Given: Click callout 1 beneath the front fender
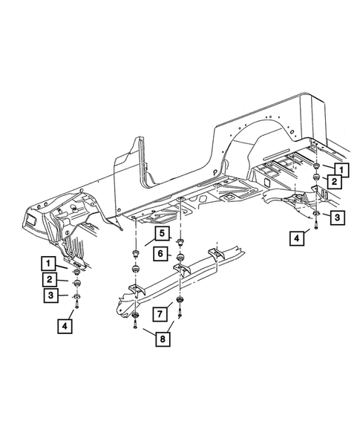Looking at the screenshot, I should pos(48,264).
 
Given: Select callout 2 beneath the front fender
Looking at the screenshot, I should pos(48,280).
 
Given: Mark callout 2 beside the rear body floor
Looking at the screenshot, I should pos(336,181).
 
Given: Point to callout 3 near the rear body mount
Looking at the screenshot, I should pos(336,218).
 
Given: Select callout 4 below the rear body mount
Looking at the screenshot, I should pos(298,238).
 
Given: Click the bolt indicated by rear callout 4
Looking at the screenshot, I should pos(317,229).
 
